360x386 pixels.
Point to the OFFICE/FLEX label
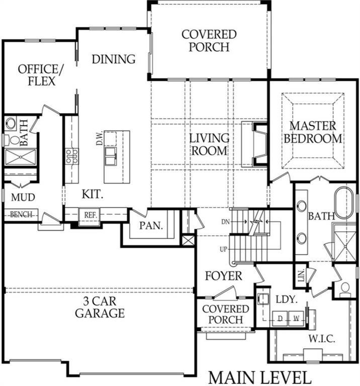(37, 74)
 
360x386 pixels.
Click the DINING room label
(114, 59)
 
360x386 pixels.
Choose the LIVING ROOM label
(209, 144)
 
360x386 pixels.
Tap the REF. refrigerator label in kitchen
(90, 215)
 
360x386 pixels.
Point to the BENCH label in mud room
(21, 214)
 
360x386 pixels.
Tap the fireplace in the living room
(256, 144)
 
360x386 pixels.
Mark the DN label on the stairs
(225, 222)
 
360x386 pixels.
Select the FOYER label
(224, 276)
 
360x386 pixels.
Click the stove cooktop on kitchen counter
(70, 156)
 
